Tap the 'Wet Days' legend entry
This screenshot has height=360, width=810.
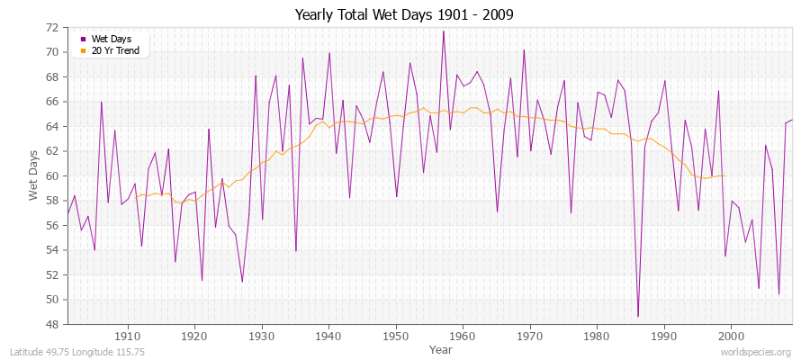tap(112, 39)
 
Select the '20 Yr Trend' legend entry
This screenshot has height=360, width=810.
tap(116, 49)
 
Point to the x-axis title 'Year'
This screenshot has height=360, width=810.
tap(441, 348)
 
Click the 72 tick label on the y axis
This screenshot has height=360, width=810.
tap(51, 28)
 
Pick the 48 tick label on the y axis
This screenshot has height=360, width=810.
tap(51, 324)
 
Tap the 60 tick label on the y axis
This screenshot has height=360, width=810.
tap(51, 176)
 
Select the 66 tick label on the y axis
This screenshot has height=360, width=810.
tap(51, 102)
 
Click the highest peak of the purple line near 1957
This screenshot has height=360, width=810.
tap(443, 31)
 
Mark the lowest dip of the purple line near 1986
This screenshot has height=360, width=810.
tap(638, 316)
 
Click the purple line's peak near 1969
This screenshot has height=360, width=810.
tap(524, 50)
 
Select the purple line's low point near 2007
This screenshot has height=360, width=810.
tap(778, 294)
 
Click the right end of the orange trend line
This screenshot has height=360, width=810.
tap(724, 175)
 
